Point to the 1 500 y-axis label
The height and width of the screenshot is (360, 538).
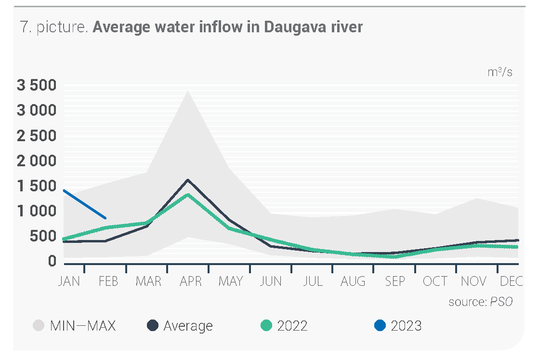(x=37, y=186)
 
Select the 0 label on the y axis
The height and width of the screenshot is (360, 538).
(x=52, y=261)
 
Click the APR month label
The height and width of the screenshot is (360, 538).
(x=191, y=281)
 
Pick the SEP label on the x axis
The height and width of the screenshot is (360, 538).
(x=394, y=281)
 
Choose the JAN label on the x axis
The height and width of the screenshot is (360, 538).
(x=69, y=281)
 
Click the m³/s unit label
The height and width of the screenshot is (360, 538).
(x=500, y=73)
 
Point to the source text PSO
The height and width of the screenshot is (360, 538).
(x=501, y=302)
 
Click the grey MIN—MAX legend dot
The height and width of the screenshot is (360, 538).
(x=38, y=326)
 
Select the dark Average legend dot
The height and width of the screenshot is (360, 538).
(x=152, y=326)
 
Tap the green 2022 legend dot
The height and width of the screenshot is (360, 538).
(x=266, y=326)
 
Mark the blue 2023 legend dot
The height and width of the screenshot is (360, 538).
(x=380, y=326)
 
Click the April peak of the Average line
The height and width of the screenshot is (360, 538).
(x=187, y=180)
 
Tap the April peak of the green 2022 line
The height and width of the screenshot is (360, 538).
(x=187, y=195)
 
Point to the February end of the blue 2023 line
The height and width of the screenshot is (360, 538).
(x=106, y=218)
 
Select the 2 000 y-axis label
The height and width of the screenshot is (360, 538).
(x=37, y=161)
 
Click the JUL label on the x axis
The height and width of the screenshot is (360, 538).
(x=313, y=281)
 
